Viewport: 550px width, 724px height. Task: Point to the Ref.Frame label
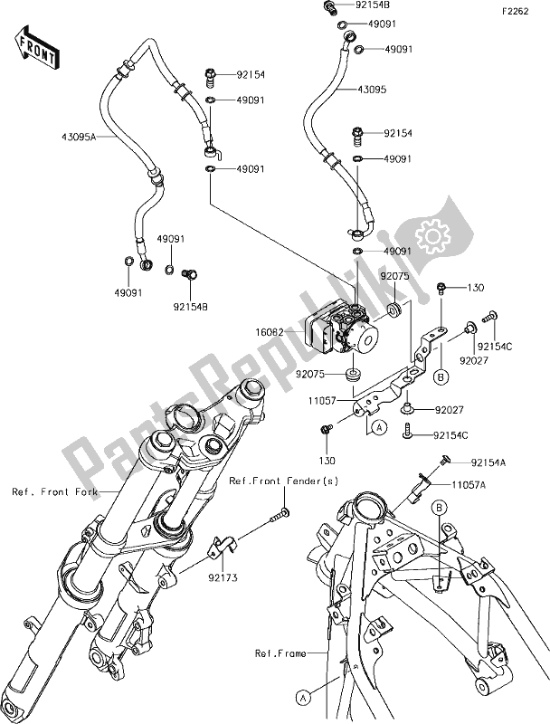pos(280,652)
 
